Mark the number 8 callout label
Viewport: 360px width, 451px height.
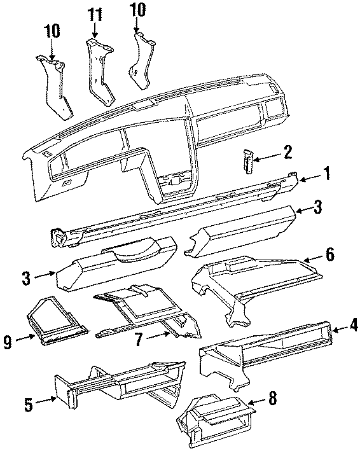pyautogui.click(x=272, y=399)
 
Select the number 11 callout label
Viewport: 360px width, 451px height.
pyautogui.click(x=95, y=12)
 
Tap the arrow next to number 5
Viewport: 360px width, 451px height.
pyautogui.click(x=46, y=401)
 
